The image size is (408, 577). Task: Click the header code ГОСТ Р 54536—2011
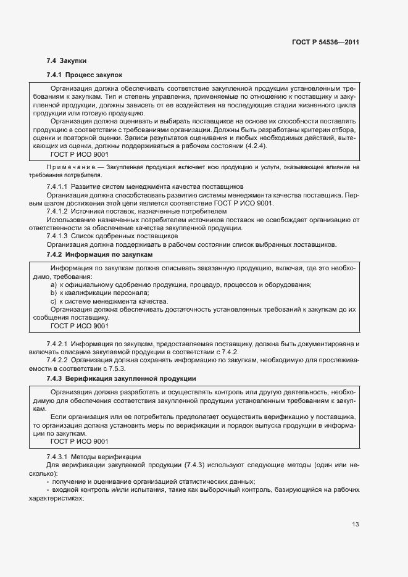[x=325, y=43]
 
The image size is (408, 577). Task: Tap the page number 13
[x=355, y=525]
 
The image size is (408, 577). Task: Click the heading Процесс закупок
[x=94, y=75]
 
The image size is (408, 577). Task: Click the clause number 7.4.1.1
[x=57, y=186]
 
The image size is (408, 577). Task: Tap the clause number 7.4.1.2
[x=57, y=211]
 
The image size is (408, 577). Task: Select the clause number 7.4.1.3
[x=57, y=236]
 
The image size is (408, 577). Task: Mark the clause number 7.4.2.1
[x=57, y=342]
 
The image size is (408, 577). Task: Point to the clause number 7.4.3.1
[x=57, y=456]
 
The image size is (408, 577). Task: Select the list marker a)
[x=54, y=284]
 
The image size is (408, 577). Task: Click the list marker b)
[x=54, y=293]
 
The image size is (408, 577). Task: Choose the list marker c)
[x=54, y=301]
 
